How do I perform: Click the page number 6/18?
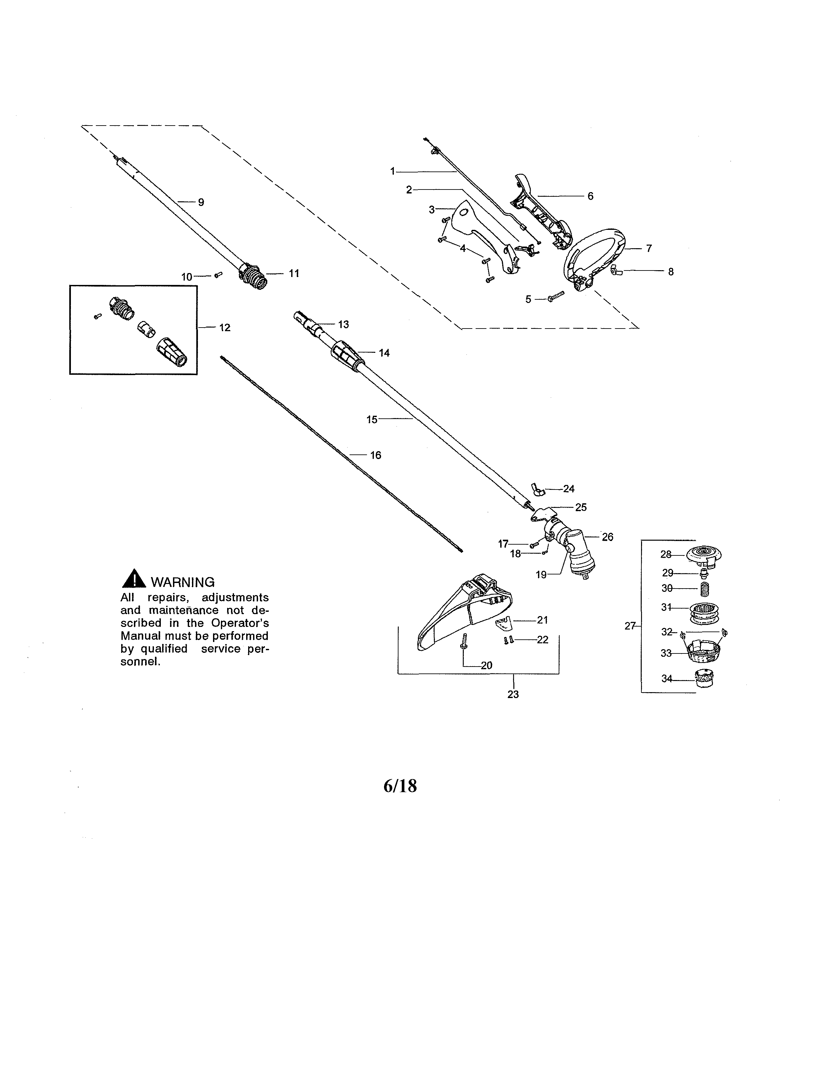[400, 786]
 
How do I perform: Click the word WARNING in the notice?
[182, 582]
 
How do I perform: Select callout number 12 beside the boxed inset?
[225, 328]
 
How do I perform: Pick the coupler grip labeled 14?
[343, 355]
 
